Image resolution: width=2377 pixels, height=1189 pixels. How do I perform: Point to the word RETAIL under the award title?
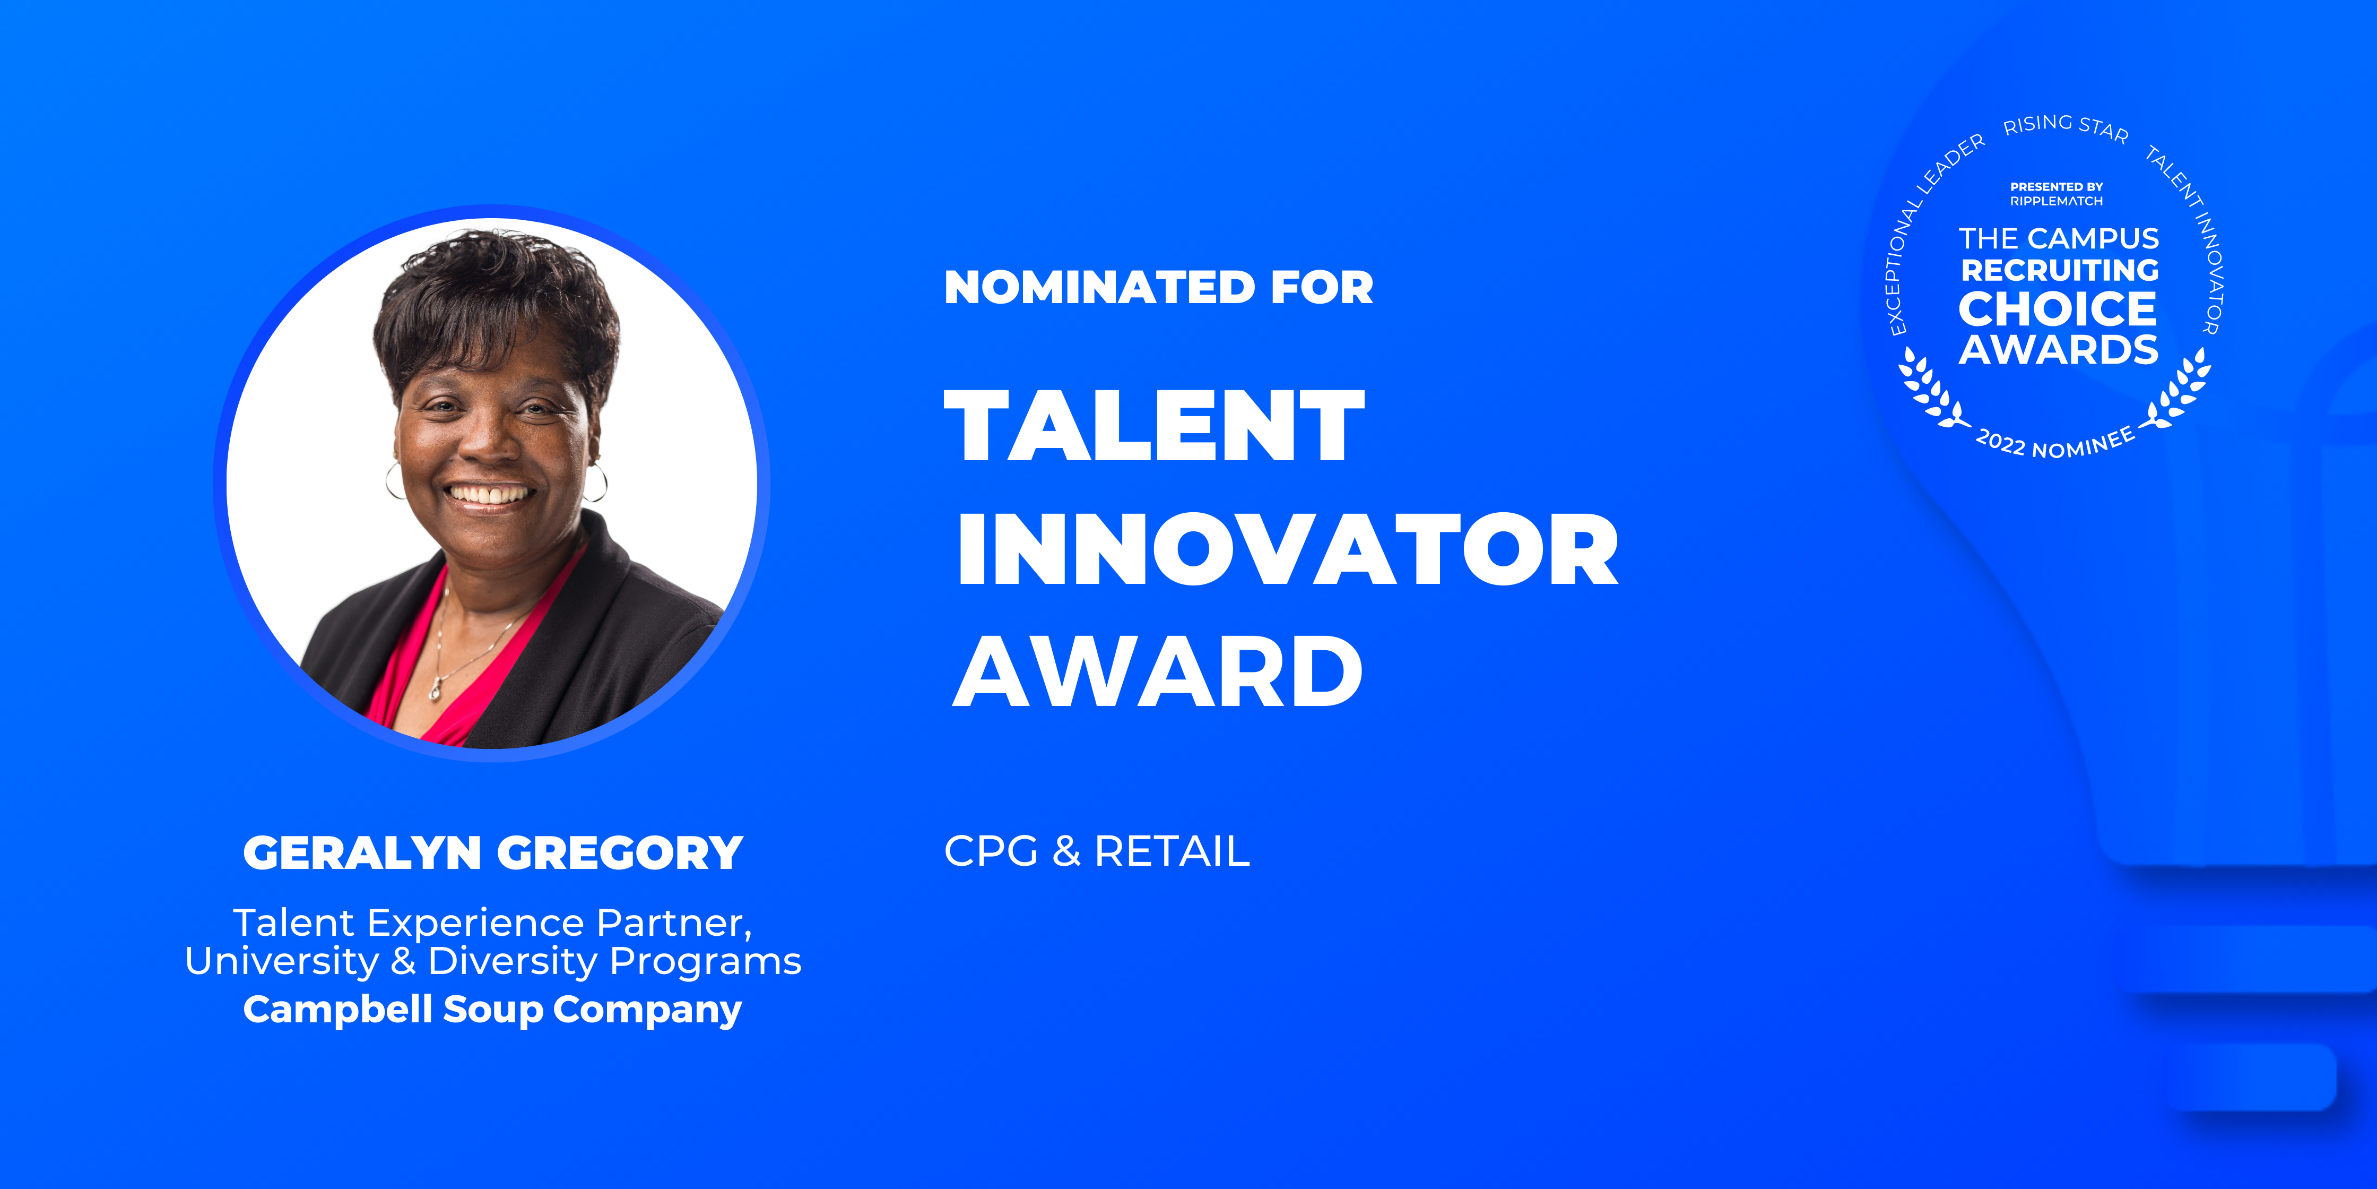(1172, 851)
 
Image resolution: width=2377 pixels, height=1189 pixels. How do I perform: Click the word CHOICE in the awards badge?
(2058, 309)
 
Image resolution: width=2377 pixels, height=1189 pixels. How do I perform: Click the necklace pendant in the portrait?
(435, 688)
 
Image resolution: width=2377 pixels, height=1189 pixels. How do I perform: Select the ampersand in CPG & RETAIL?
(1066, 851)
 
